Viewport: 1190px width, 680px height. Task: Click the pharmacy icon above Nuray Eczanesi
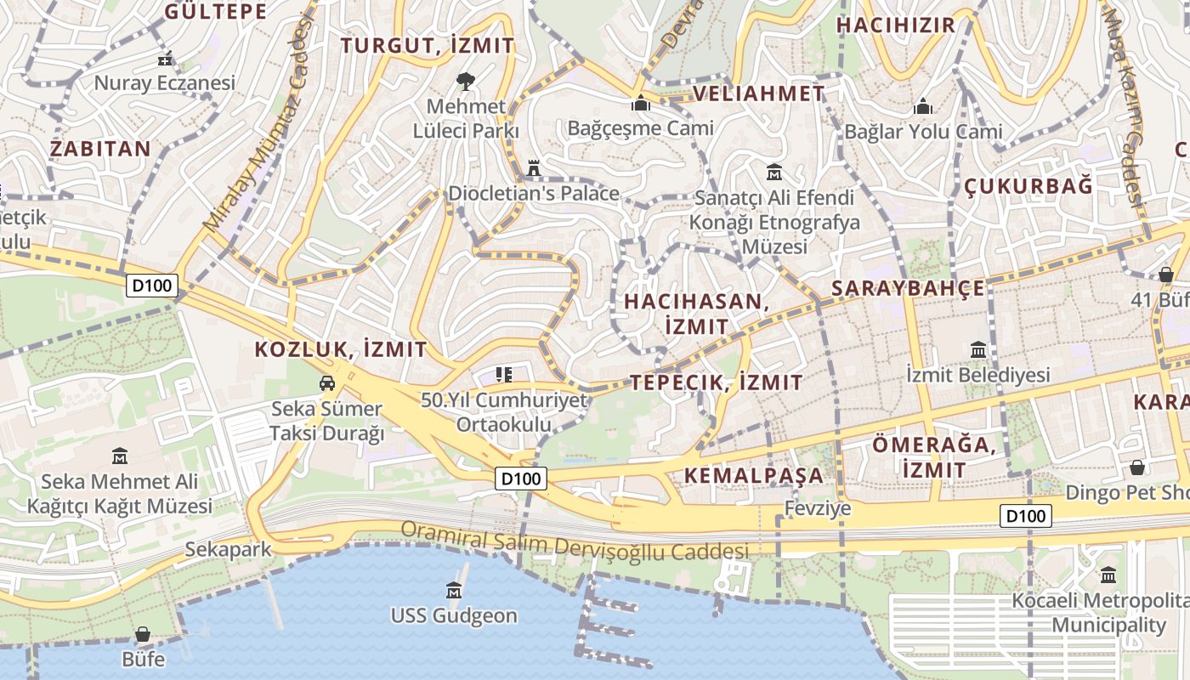coord(166,59)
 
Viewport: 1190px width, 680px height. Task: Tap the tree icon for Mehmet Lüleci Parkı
coord(465,82)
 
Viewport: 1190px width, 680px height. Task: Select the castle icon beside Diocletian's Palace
coord(534,168)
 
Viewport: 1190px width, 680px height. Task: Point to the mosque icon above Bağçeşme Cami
coord(640,104)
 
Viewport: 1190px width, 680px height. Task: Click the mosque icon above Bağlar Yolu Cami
coord(922,107)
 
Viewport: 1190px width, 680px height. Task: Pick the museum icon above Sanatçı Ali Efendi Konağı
coord(773,173)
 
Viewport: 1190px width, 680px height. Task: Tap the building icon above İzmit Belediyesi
coord(977,349)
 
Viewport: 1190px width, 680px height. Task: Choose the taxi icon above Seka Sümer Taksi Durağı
coord(327,383)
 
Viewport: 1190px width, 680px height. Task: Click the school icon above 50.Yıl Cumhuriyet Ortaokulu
coord(503,374)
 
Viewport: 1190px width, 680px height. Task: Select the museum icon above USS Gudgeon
coord(454,590)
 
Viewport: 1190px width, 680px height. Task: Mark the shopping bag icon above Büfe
coord(143,634)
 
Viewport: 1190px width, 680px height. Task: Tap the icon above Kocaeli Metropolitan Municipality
coord(1108,575)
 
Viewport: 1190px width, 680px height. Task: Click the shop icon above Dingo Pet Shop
coord(1136,467)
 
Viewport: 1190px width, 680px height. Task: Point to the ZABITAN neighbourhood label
coord(100,149)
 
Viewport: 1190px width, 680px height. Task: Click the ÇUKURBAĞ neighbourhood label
coord(1028,186)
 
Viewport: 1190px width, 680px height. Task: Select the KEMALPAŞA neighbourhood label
coord(754,475)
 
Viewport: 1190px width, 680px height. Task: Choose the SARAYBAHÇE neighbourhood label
coord(908,288)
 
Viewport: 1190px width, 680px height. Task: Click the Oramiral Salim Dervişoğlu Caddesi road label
coord(575,542)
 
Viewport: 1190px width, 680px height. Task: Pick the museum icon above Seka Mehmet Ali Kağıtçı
coord(119,456)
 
